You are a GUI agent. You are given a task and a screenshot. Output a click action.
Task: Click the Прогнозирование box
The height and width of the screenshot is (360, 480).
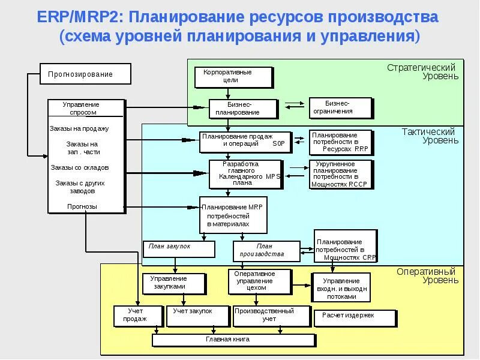click(85, 74)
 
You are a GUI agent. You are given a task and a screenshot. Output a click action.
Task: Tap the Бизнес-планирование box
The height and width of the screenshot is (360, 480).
click(243, 108)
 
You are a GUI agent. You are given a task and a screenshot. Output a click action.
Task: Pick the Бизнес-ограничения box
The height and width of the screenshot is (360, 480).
click(340, 107)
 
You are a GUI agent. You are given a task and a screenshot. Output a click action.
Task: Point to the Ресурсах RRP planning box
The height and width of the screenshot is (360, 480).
click(340, 142)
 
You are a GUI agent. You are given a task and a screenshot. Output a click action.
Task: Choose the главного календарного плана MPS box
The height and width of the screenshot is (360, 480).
click(245, 174)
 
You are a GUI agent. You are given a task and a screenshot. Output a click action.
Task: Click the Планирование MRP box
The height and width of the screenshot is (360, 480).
click(233, 215)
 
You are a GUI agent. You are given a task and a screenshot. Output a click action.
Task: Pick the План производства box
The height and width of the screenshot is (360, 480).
click(266, 250)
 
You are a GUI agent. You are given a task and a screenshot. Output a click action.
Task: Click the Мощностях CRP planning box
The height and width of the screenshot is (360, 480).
click(345, 245)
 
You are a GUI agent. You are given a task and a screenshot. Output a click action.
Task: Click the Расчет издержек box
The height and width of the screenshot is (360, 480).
click(355, 317)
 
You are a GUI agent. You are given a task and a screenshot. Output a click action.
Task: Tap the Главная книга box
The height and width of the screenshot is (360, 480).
click(233, 340)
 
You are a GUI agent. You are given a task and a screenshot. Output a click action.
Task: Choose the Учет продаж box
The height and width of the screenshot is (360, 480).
click(137, 316)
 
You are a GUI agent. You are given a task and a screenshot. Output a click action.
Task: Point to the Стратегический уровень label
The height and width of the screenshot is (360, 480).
click(430, 71)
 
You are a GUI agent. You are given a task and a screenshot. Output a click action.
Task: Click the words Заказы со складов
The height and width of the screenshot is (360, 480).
click(80, 168)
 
